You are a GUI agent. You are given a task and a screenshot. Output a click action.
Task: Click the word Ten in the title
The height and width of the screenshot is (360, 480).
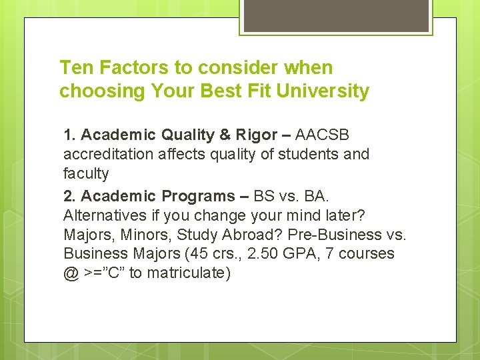[x=75, y=67]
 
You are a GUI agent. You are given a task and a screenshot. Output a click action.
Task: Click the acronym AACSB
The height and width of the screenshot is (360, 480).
[x=322, y=135]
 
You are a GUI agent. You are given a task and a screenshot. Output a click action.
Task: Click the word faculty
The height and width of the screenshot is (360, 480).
[x=85, y=173]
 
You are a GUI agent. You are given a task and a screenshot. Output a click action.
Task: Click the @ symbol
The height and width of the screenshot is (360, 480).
[x=71, y=273]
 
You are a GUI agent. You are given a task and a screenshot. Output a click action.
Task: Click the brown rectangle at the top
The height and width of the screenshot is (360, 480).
[x=335, y=15]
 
